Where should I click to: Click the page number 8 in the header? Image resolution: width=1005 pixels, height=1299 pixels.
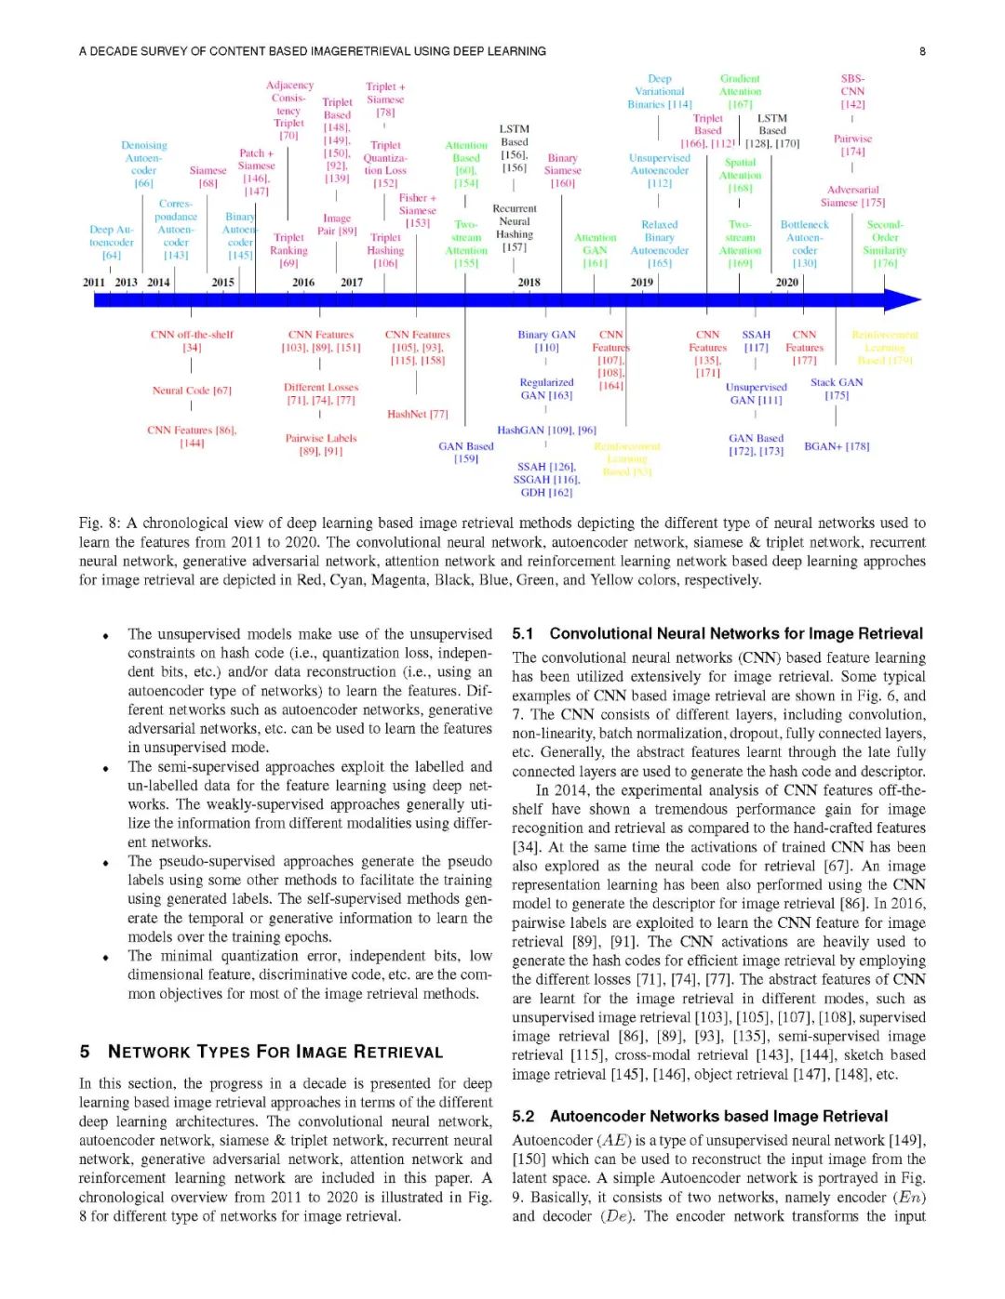922,51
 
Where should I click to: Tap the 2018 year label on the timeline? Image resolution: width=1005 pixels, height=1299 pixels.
529,282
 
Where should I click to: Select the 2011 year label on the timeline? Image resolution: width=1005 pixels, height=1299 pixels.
94,282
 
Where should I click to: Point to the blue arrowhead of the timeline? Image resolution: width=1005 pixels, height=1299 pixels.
902,299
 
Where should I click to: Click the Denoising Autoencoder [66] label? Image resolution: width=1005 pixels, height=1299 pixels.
143,165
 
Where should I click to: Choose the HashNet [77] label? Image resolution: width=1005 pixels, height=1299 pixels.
417,414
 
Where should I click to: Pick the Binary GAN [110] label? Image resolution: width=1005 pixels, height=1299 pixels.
546,340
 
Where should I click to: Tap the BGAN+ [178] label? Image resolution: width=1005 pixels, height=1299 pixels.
837,446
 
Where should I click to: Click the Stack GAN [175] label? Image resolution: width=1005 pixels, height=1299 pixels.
836,389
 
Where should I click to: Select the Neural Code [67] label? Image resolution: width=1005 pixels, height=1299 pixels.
192,391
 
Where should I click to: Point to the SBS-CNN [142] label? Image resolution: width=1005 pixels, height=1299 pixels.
852,91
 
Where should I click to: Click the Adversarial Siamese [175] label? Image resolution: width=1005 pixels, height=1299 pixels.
852,195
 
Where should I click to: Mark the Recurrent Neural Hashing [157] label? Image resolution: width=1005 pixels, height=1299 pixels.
515,228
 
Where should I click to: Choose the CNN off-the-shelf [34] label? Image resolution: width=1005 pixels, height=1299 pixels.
192,340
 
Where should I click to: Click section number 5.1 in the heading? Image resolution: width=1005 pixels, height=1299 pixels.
523,634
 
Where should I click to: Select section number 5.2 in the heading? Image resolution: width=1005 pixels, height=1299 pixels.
523,1117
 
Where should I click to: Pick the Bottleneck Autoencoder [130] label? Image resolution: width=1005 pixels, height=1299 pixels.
804,244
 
